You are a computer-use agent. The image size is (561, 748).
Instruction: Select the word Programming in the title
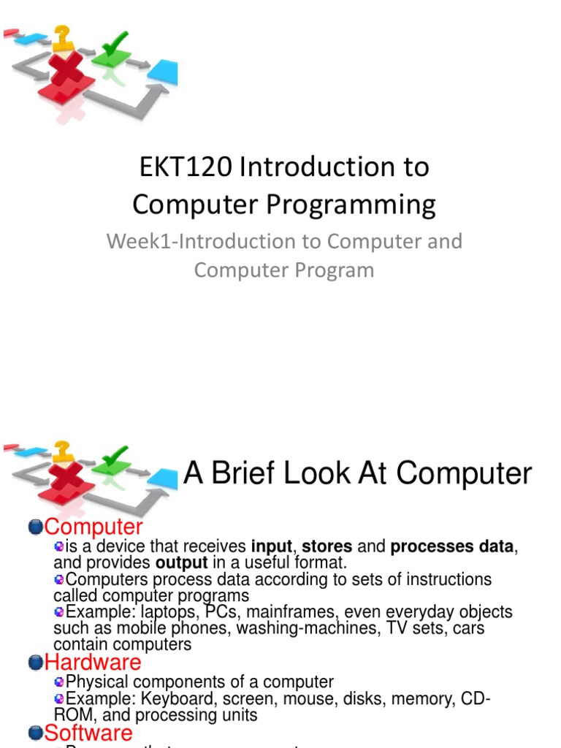(x=351, y=205)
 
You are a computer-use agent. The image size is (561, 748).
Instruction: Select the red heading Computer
(x=93, y=527)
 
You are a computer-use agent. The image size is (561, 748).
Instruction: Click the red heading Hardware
(x=93, y=663)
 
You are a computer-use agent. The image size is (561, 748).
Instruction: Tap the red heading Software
(x=88, y=733)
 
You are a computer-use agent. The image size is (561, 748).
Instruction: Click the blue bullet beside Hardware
(x=36, y=663)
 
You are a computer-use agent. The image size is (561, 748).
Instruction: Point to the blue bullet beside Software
(x=36, y=733)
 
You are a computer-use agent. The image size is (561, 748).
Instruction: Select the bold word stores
(x=327, y=546)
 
